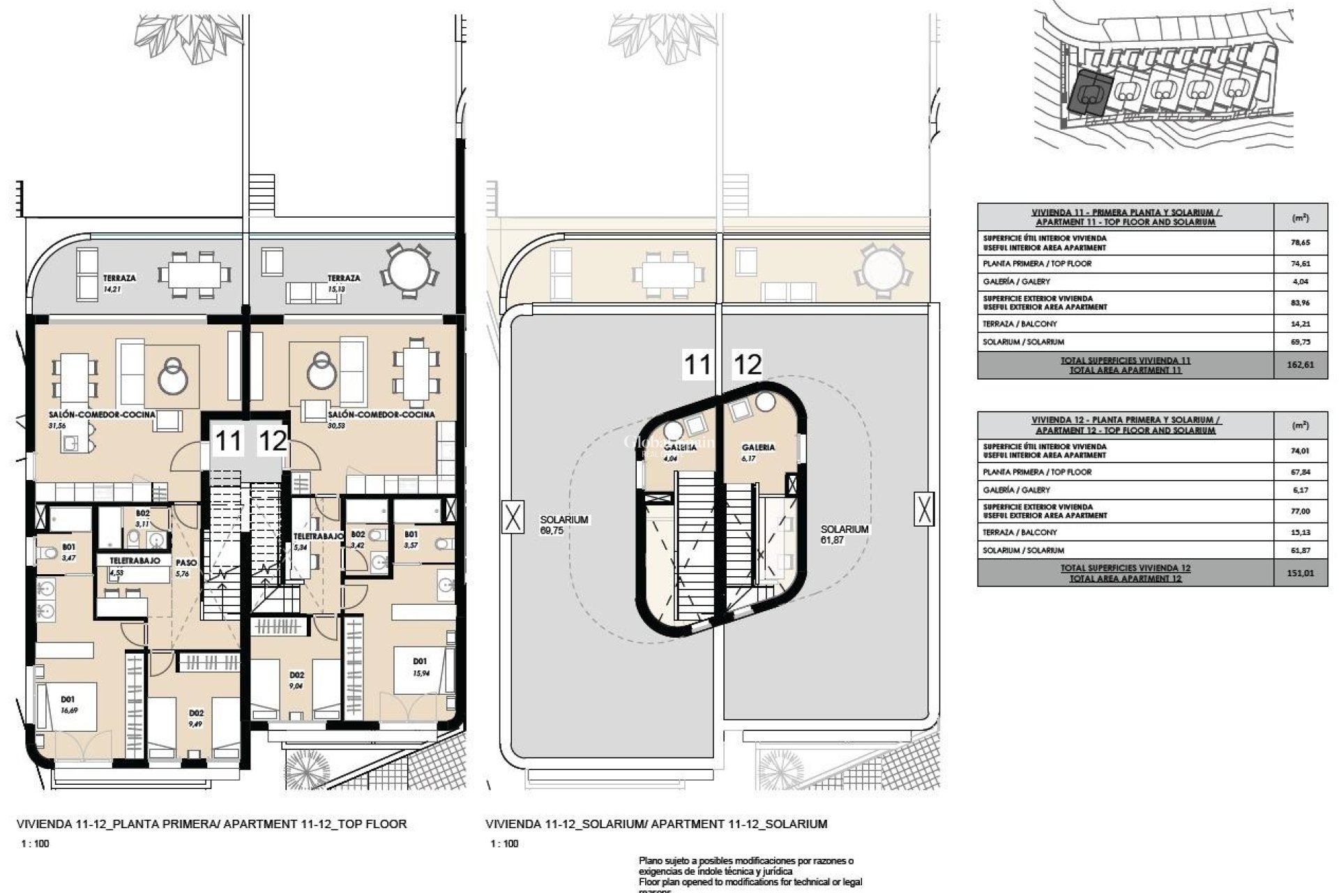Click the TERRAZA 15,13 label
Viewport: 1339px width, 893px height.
pyautogui.click(x=344, y=282)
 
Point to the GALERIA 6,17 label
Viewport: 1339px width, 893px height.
pyautogui.click(x=759, y=452)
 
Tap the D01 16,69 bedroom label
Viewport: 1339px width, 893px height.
pyautogui.click(x=68, y=703)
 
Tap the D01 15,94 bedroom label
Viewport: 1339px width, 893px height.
pyautogui.click(x=420, y=666)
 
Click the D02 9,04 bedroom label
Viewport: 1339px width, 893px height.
pyautogui.click(x=297, y=680)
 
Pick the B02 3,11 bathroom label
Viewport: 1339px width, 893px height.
pyautogui.click(x=142, y=518)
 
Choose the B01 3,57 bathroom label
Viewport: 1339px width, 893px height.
pyautogui.click(x=411, y=539)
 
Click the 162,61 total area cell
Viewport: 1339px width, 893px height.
pyautogui.click(x=1300, y=365)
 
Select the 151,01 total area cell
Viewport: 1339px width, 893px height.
pyautogui.click(x=1300, y=573)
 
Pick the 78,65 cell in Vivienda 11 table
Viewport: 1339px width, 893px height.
pyautogui.click(x=1300, y=243)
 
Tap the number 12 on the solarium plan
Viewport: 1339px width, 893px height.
pyautogui.click(x=748, y=364)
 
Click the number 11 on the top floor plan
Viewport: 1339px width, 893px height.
pyautogui.click(x=229, y=441)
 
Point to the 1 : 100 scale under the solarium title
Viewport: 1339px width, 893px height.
pyautogui.click(x=504, y=843)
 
